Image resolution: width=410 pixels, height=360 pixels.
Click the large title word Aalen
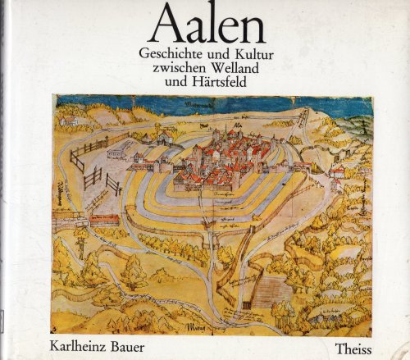pyautogui.click(x=204, y=23)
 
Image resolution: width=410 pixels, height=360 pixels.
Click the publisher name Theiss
pyautogui.click(x=357, y=334)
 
